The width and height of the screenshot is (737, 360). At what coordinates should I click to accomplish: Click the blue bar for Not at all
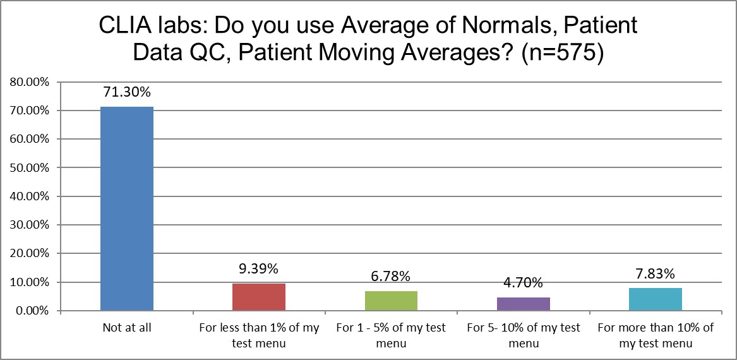[127, 208]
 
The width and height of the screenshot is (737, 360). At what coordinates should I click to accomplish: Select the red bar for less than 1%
[259, 297]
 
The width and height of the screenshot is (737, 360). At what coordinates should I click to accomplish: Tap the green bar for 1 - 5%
[391, 301]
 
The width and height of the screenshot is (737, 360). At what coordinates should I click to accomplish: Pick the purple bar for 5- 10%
[524, 304]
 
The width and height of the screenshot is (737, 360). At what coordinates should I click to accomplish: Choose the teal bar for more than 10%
[656, 299]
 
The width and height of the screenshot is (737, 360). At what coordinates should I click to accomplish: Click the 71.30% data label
[127, 92]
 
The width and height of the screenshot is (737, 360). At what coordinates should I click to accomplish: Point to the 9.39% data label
[259, 268]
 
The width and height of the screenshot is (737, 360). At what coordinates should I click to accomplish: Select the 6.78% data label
[391, 276]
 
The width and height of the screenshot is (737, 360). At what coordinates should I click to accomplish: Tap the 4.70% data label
[524, 282]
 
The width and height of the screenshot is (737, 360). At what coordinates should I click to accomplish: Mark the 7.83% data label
[656, 273]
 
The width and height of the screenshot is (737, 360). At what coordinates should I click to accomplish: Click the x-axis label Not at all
[127, 328]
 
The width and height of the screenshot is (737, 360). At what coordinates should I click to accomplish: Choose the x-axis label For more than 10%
[656, 335]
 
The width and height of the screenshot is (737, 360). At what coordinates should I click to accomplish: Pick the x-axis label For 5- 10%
[524, 335]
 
